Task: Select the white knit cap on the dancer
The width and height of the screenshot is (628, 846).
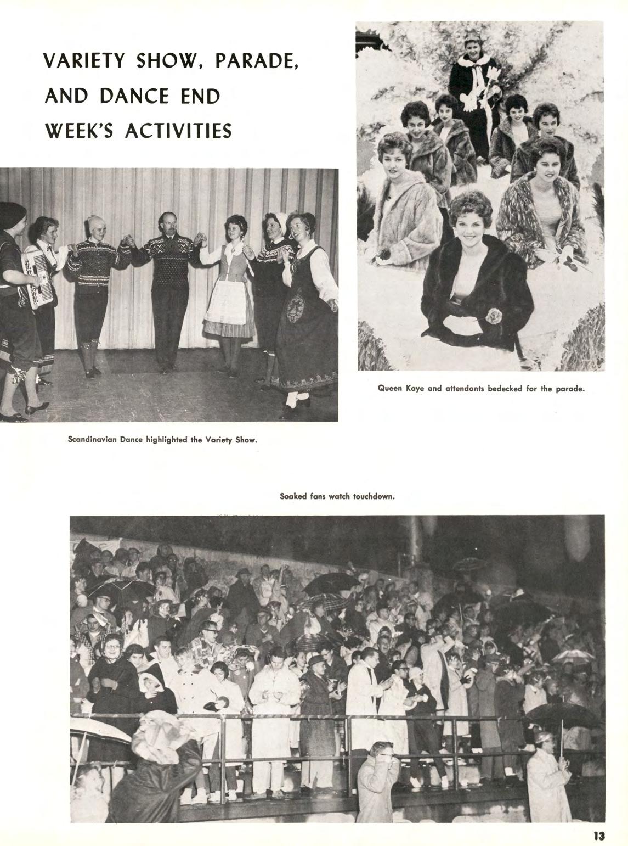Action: (95, 223)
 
